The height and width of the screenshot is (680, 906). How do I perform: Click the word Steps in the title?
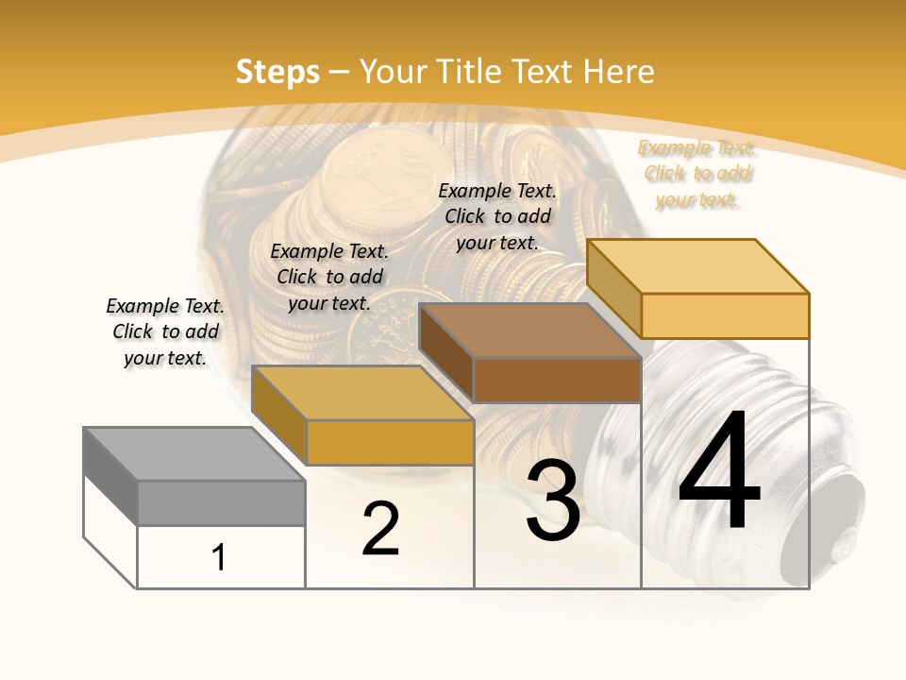click(x=277, y=72)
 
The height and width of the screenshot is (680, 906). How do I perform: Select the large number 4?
click(x=719, y=472)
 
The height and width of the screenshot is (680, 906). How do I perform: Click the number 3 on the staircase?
click(x=552, y=501)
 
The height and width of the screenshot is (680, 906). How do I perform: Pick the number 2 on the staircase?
click(x=380, y=529)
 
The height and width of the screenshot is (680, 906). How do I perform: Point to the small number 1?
click(x=219, y=557)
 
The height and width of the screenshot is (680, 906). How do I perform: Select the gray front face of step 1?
click(x=221, y=502)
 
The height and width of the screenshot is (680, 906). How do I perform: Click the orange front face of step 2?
click(x=390, y=442)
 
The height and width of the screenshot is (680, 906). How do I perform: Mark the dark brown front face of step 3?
click(x=557, y=380)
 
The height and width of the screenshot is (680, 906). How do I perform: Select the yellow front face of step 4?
click(x=725, y=315)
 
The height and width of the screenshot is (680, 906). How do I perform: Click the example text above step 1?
click(x=165, y=331)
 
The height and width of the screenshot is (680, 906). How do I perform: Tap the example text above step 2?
click(x=329, y=277)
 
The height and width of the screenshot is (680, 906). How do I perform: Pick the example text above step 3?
click(x=497, y=216)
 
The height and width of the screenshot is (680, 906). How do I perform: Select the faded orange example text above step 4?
click(x=697, y=174)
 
